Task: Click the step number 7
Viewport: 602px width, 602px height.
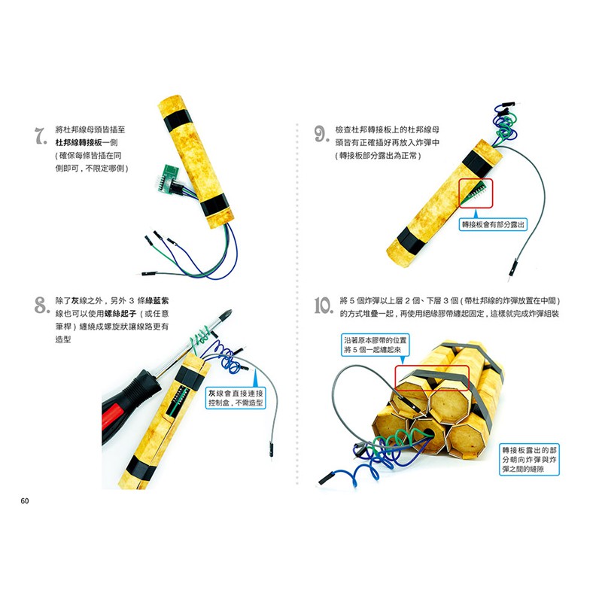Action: [x=41, y=136]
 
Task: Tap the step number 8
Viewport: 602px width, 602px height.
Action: [x=41, y=306]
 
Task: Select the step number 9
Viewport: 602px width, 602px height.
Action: [x=322, y=134]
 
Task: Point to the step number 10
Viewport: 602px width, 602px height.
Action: [x=324, y=306]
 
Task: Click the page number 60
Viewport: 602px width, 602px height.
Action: [x=25, y=500]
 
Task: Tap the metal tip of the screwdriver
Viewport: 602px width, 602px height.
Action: [x=227, y=315]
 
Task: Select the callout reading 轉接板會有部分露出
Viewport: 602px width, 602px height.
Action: [x=493, y=224]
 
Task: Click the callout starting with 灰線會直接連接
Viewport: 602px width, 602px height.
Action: [x=236, y=398]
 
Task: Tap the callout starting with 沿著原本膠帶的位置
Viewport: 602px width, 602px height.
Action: [x=375, y=345]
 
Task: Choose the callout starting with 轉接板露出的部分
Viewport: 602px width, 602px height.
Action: [x=529, y=460]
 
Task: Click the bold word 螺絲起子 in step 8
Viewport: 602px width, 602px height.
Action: [x=120, y=314]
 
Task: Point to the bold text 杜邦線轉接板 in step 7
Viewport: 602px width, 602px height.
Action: [x=79, y=142]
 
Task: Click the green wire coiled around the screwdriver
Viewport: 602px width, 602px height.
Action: [x=200, y=339]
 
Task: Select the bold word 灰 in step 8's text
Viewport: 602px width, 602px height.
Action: [x=74, y=300]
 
